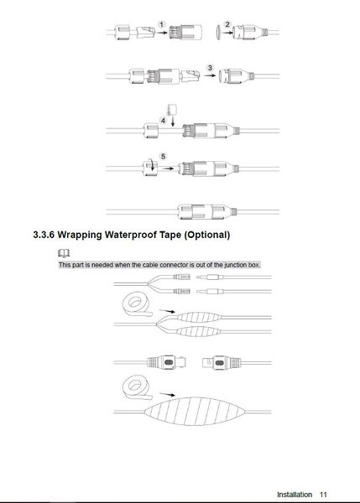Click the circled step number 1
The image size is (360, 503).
161,24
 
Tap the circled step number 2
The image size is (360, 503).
227,24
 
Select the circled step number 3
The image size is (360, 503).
210,68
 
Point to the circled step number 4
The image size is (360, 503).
163,121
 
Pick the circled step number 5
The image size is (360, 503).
163,157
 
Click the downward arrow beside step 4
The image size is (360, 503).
173,121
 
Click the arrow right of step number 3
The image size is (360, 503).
211,75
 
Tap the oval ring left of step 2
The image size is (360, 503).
218,32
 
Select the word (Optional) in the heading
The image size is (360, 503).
207,235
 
